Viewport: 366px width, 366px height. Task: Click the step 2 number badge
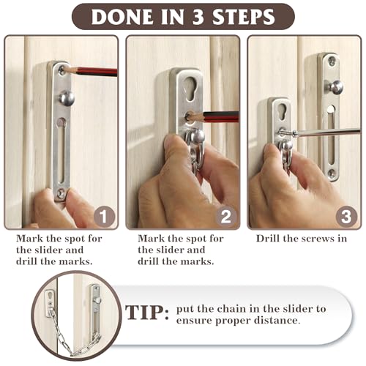(226, 217)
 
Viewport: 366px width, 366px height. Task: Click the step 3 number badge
(346, 217)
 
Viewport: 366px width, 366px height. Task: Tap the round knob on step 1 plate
(65, 97)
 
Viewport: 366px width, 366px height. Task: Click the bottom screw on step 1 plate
(61, 193)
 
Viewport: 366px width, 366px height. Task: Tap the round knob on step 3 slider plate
(336, 87)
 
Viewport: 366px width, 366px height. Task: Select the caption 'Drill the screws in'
(301, 239)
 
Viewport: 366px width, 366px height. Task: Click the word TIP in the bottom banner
(144, 313)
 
